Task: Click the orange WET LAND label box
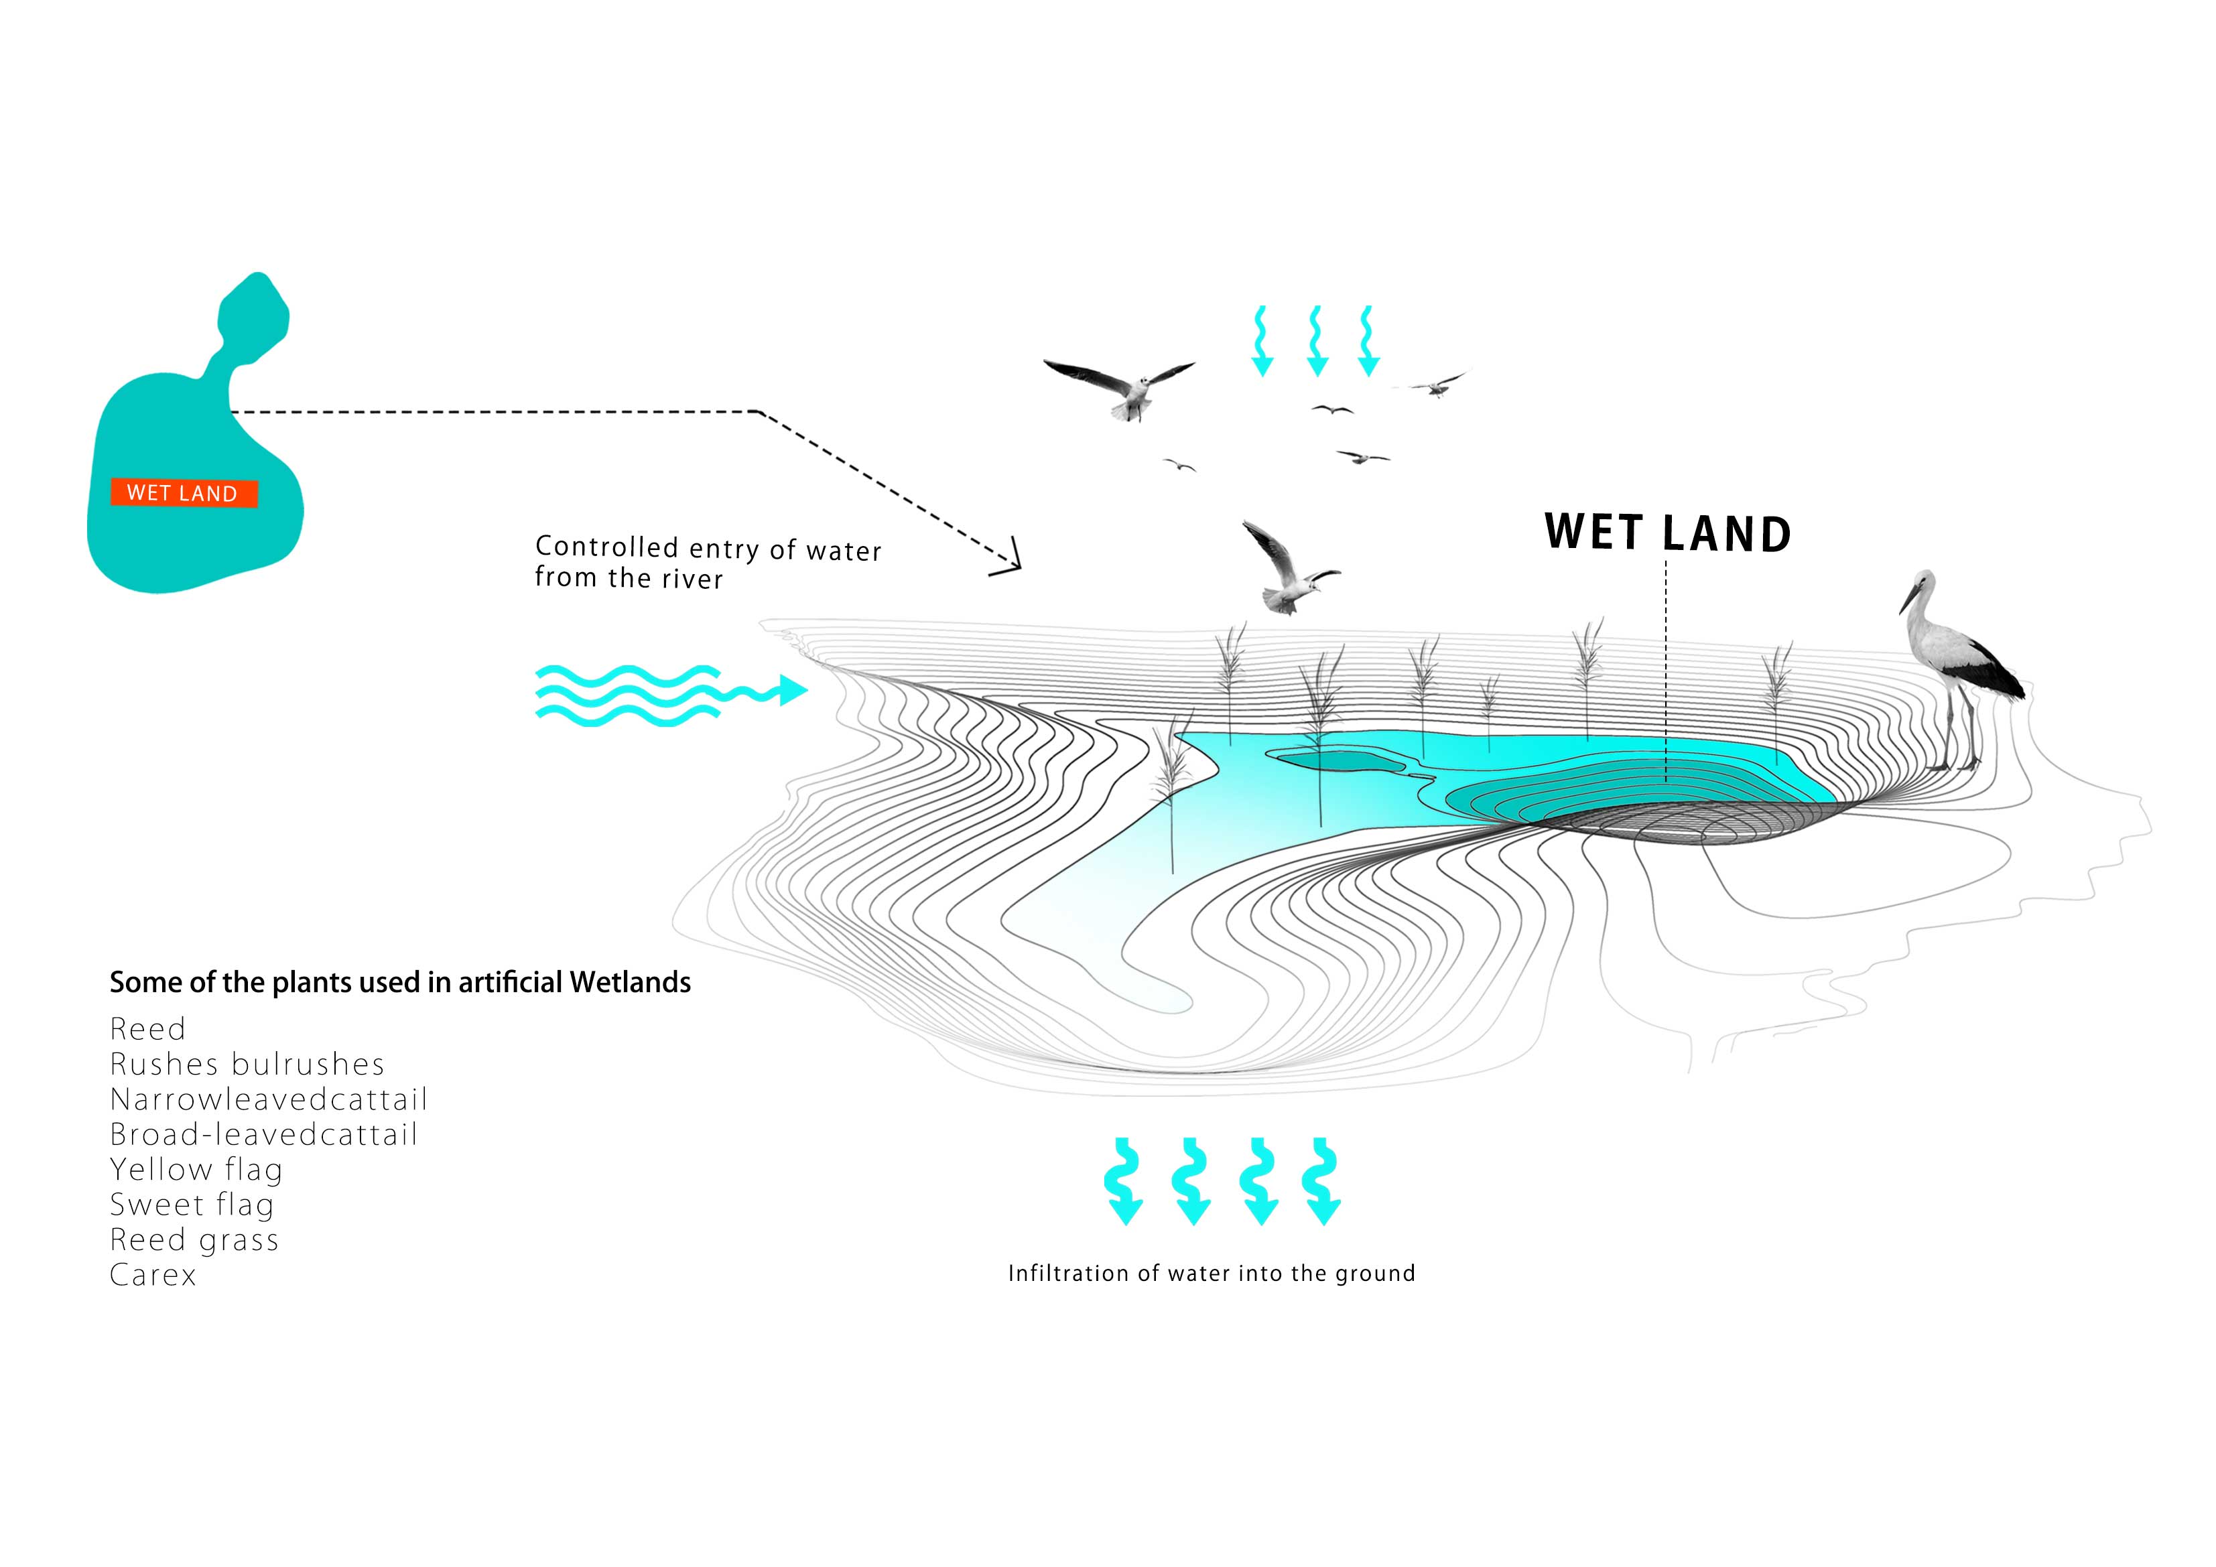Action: pos(184,493)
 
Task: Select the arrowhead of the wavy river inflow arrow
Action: pos(793,690)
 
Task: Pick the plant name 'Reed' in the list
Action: pos(147,1028)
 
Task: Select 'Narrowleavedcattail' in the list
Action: pos(268,1099)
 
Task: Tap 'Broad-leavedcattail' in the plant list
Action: pos(263,1134)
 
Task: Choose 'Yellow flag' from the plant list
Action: pos(196,1170)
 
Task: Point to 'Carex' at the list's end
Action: pos(153,1275)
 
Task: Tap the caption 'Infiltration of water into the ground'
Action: pos(1212,1273)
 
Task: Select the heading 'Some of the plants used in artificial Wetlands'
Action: pos(399,982)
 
